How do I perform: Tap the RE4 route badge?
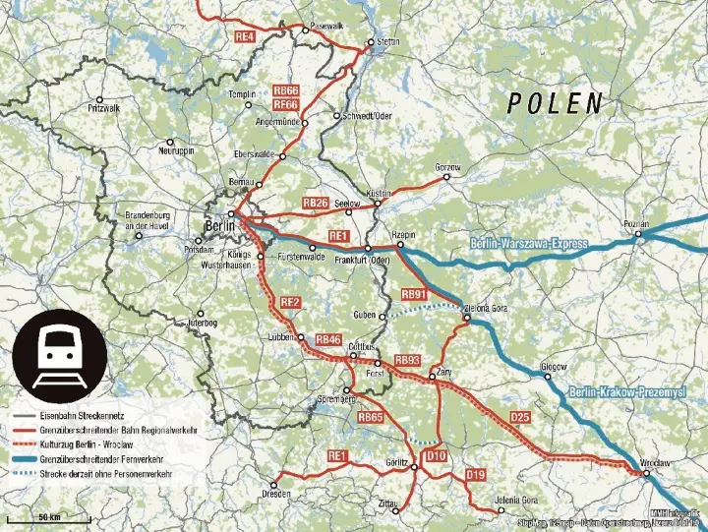pos(245,36)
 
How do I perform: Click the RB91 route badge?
pos(415,294)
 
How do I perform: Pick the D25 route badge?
pos(520,418)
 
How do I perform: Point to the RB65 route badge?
pos(371,418)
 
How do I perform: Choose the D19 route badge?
pos(476,475)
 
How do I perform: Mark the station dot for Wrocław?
pos(646,474)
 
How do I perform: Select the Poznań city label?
pos(636,224)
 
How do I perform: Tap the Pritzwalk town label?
pos(102,107)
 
